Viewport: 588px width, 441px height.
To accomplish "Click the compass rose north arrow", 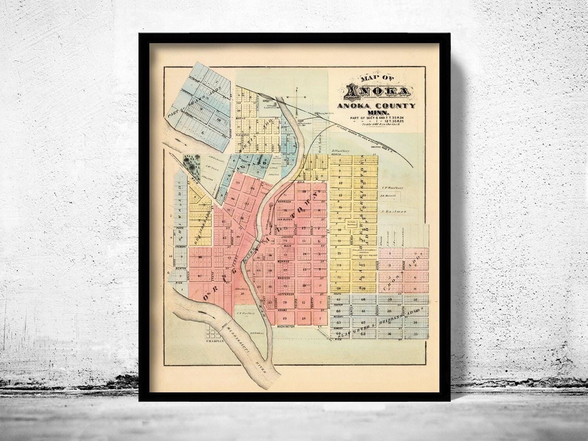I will click(x=297, y=96).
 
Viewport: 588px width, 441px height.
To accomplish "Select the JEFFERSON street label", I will click(x=286, y=294).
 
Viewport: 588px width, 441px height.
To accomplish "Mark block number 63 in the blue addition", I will click(x=363, y=334).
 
